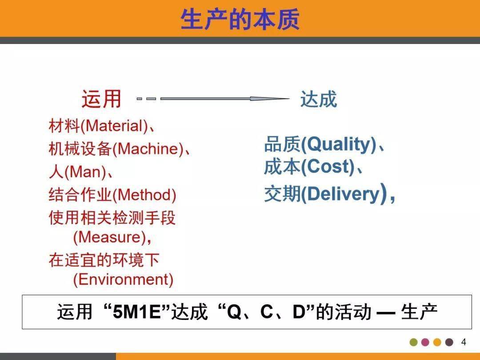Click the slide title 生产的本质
pyautogui.click(x=240, y=19)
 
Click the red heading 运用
pyautogui.click(x=102, y=99)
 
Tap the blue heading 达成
pyautogui.click(x=319, y=99)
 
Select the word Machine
pyautogui.click(x=148, y=149)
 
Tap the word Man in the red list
pyautogui.click(x=85, y=172)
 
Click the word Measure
pyautogui.click(x=109, y=237)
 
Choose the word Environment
pyautogui.click(x=123, y=279)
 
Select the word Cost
pyautogui.click(x=328, y=167)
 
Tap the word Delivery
pyautogui.click(x=343, y=194)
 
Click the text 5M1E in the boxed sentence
pyautogui.click(x=136, y=312)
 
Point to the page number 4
pyautogui.click(x=464, y=342)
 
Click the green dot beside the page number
pyautogui.click(x=414, y=342)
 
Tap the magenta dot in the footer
pyautogui.click(x=425, y=342)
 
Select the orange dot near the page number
pyautogui.click(x=437, y=342)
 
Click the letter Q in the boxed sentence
pyautogui.click(x=234, y=312)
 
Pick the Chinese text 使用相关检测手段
pyautogui.click(x=112, y=218)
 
